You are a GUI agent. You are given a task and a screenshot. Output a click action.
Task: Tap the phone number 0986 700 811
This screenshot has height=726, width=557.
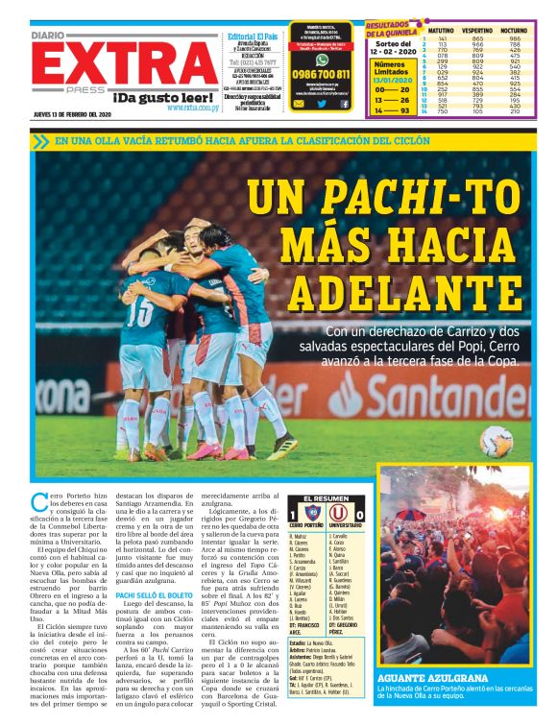click(x=322, y=74)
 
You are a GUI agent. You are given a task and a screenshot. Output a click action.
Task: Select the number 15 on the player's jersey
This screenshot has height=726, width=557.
click(x=136, y=308)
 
